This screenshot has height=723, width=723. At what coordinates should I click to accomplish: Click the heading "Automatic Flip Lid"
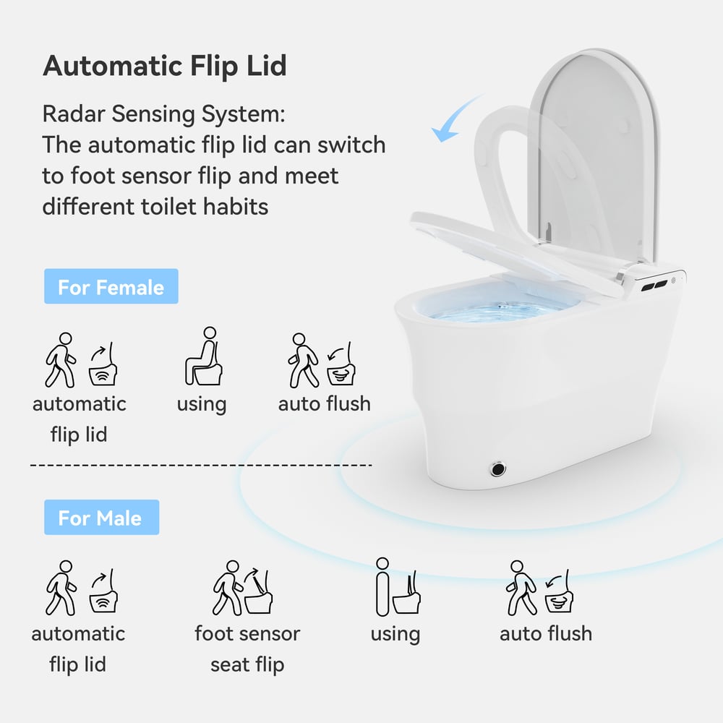[x=165, y=66]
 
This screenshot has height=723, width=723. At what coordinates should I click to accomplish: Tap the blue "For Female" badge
[x=111, y=287]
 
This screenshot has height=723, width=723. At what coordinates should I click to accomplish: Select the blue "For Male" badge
[x=101, y=518]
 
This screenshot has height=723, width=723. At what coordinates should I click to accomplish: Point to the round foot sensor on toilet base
[x=498, y=469]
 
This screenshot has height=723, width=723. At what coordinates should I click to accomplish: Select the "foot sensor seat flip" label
[x=247, y=649]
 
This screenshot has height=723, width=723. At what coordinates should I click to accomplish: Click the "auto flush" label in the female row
[x=325, y=403]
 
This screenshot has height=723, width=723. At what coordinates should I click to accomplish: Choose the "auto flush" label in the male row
[x=546, y=633]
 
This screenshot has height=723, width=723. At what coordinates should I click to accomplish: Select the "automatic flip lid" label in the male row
[x=78, y=649]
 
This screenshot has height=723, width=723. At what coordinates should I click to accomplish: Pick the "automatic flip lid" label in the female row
[x=79, y=419]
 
